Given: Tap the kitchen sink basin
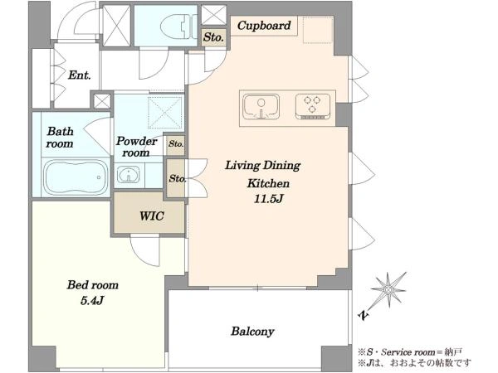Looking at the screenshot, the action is point(261,107).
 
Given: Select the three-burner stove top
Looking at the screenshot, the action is point(313,106).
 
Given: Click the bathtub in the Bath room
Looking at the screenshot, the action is point(76,177).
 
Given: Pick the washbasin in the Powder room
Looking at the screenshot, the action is point(129,174).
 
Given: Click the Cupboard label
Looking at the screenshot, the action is point(264,26).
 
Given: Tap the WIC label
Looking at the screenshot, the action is point(152,216).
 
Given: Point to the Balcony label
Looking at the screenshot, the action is point(252,332).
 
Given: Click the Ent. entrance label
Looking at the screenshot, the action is point(80,75).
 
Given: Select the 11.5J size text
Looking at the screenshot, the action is point(268,199).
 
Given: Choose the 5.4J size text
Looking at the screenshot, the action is point(92,300).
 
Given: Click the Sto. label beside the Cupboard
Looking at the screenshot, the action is point(213,37).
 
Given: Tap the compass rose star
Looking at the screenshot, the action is point(388,289).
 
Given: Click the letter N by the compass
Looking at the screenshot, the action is point(364,315).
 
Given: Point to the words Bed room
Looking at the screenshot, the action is point(92,285).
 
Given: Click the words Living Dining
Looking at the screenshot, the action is point(262,165).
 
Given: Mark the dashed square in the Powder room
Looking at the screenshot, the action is point(165,112).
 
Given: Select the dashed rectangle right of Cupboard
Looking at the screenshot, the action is point(318,30).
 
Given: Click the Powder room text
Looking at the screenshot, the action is point(137,147).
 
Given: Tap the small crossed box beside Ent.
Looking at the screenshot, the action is point(102,101).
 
